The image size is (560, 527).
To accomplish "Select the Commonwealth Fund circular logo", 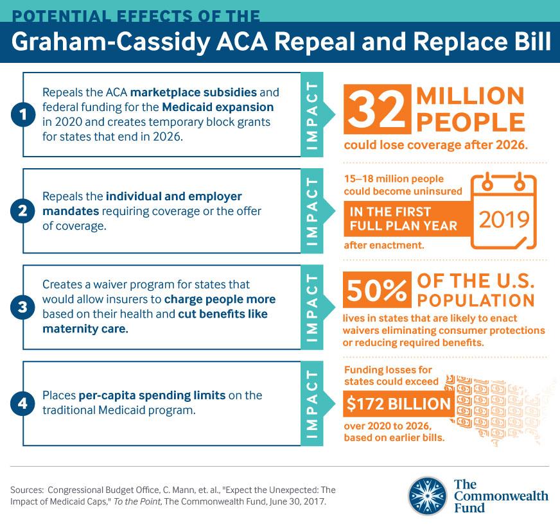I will pos(427,496).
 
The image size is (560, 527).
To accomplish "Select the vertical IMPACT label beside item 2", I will pos(313,211).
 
